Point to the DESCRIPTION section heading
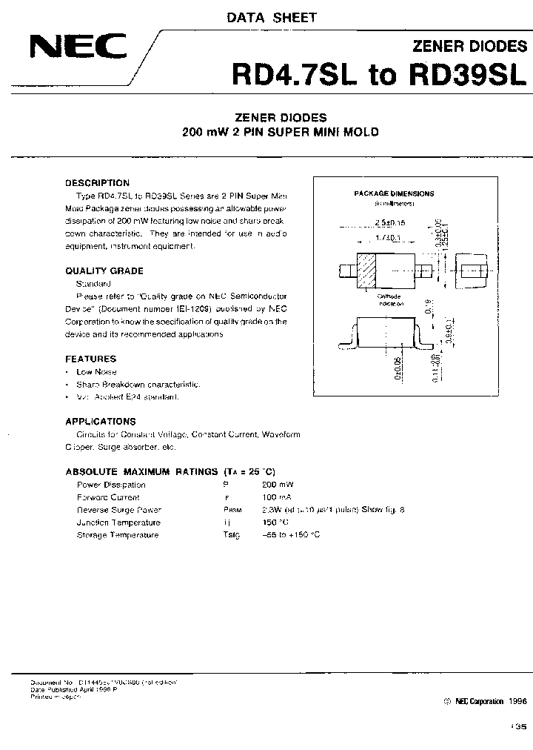97,182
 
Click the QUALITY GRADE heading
104,271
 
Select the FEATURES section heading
91,359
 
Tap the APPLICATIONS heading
101,421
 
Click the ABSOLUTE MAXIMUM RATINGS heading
141,471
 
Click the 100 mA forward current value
276,497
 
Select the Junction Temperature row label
118,522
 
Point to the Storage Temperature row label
118,535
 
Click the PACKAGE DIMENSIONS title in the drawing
393,193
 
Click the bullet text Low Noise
96,371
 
